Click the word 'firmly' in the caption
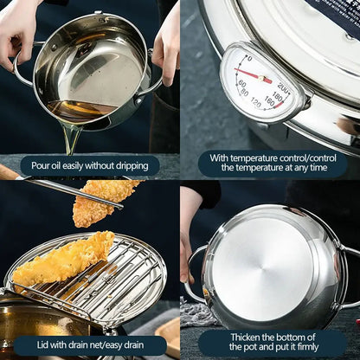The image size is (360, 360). coord(316,348)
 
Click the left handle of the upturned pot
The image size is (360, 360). coord(195,273)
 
